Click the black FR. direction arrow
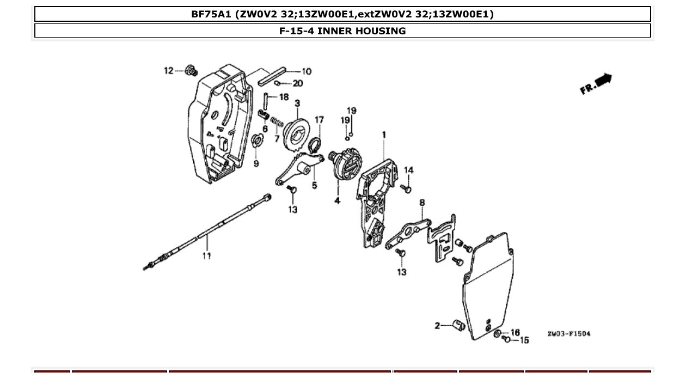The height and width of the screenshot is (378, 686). [604, 81]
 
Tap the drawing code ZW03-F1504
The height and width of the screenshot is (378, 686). [568, 333]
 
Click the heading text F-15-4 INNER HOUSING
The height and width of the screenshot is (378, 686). [342, 31]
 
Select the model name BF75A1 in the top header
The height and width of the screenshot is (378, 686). [211, 14]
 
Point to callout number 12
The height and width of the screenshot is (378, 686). [169, 70]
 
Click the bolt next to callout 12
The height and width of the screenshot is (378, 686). [191, 70]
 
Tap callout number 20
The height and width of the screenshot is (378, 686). [298, 83]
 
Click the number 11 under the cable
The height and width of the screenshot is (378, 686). [207, 255]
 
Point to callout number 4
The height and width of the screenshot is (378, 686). [338, 201]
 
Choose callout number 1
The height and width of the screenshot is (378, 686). [384, 134]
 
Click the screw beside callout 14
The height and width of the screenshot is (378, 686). [406, 188]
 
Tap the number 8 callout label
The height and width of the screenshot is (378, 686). [422, 203]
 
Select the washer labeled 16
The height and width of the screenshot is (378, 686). [498, 333]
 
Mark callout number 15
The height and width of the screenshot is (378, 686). [524, 340]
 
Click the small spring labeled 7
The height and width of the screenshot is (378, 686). [276, 120]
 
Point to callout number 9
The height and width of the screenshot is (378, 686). [256, 163]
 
